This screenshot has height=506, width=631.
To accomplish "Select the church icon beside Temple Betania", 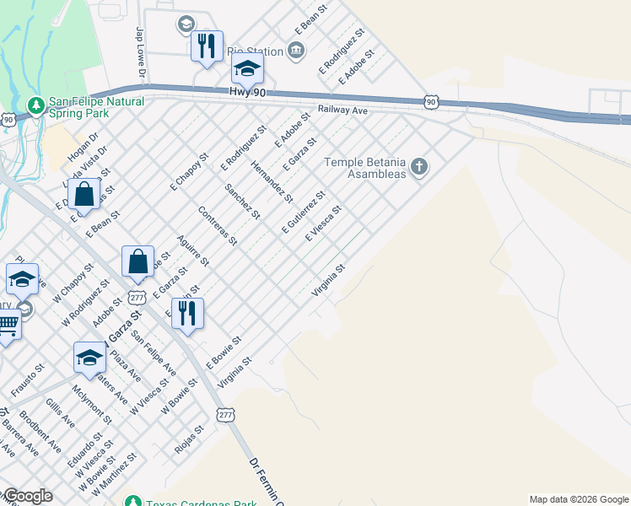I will point(419,167).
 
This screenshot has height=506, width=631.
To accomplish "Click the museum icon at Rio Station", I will point(296,51).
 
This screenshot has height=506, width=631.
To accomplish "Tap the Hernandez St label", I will point(272,181).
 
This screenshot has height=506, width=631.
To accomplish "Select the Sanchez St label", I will point(242,199).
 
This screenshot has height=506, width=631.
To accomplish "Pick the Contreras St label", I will point(217,225).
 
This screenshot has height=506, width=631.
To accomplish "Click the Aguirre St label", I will point(193,250).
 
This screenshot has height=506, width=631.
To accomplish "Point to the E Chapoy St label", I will point(190,172).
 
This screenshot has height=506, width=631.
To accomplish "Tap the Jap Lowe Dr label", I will point(141,53).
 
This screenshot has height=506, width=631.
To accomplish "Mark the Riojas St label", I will point(189,439).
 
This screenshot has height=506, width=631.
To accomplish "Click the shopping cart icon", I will point(8,325).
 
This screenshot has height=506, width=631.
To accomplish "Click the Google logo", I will point(27,497).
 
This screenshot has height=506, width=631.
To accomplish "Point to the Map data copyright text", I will point(579,499).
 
